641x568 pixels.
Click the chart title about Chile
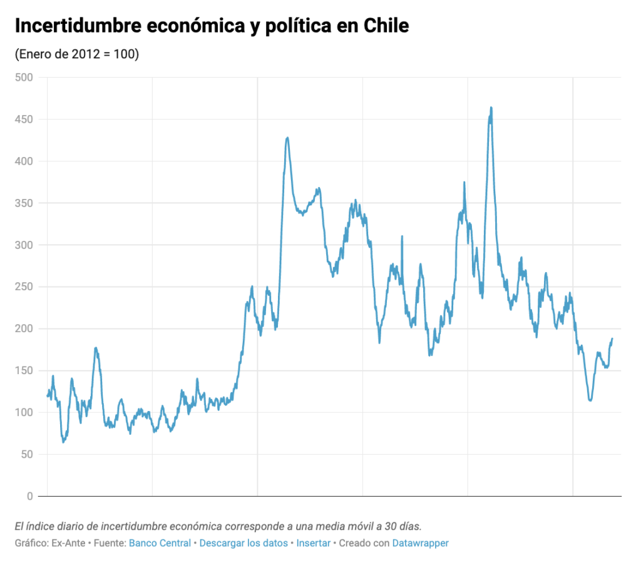point(212,26)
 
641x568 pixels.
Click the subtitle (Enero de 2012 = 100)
point(76,54)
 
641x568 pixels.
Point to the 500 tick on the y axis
point(23,78)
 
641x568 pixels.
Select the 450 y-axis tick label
point(23,119)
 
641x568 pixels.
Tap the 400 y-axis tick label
point(23,161)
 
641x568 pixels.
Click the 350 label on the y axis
point(23,203)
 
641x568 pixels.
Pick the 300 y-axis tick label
point(23,245)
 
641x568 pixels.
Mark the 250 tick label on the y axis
point(23,287)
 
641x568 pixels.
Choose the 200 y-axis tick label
point(23,329)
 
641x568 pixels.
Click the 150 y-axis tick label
point(23,371)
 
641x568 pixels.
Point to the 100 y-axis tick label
point(23,413)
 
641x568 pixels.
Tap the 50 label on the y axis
point(26,455)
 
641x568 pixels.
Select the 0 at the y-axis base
point(29,497)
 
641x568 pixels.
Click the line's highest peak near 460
point(491,108)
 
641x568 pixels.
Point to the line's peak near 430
point(287,138)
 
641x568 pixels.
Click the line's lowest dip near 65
point(63,442)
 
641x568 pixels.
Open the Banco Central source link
point(160,543)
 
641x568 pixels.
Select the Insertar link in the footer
point(313,543)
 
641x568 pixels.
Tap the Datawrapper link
point(420,543)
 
